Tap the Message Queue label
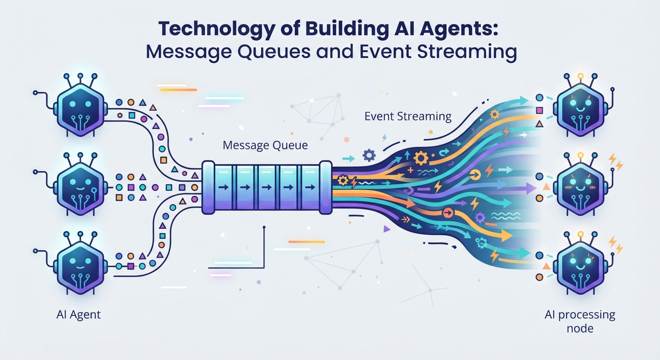(x=265, y=145)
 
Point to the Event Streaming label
(x=408, y=117)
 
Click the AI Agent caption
(x=78, y=315)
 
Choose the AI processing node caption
(x=580, y=322)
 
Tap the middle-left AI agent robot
(x=80, y=185)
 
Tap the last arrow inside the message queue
(x=310, y=187)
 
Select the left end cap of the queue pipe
(x=208, y=187)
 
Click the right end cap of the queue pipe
(x=326, y=187)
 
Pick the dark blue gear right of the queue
(x=369, y=155)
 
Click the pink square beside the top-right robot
(x=540, y=111)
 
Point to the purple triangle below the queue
(x=387, y=229)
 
